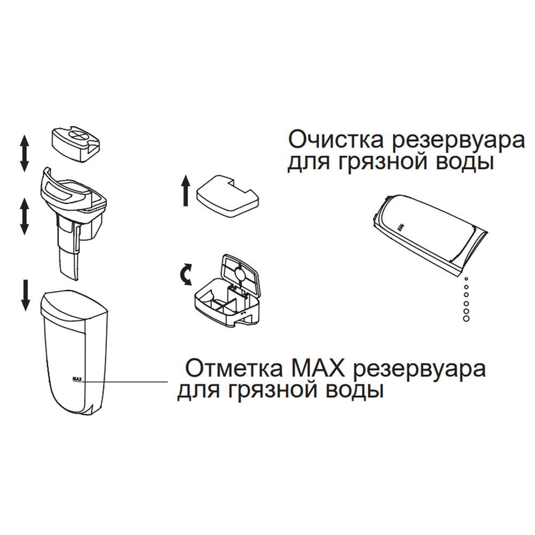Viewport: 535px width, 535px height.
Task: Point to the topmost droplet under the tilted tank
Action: pyautogui.click(x=465, y=279)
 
